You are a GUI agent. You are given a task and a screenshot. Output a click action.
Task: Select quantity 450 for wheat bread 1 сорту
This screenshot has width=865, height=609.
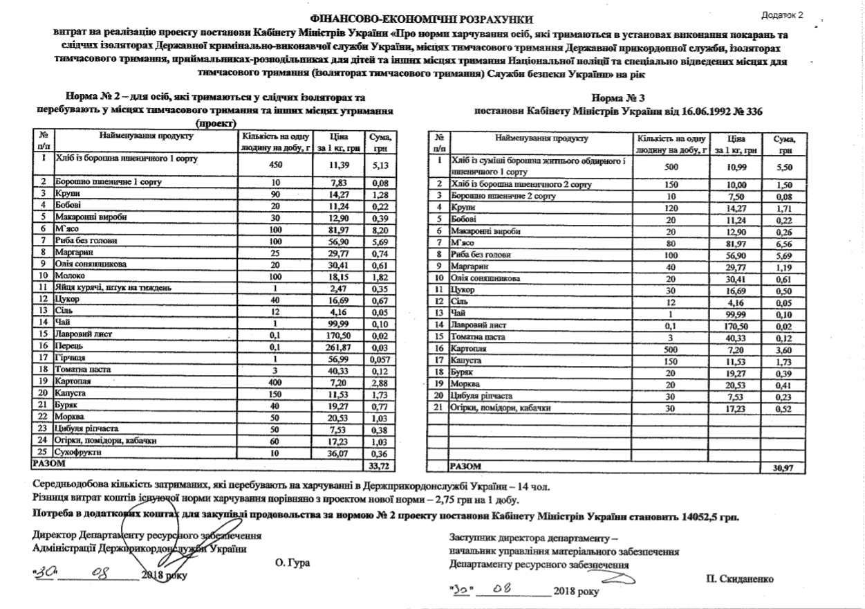[x=275, y=165]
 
